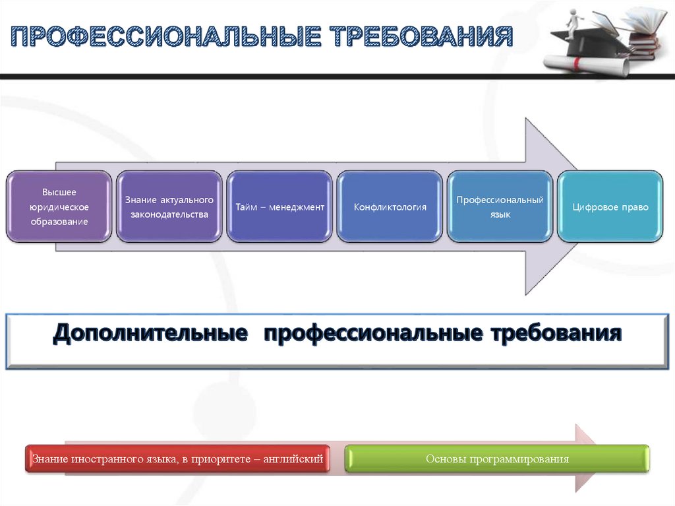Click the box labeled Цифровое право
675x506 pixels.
[x=610, y=207]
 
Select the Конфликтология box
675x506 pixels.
[x=390, y=207]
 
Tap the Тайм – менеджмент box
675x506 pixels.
[x=279, y=207]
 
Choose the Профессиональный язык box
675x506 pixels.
[x=500, y=207]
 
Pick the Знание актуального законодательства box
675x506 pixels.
[x=169, y=207]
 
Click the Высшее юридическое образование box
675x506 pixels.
[x=59, y=207]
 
